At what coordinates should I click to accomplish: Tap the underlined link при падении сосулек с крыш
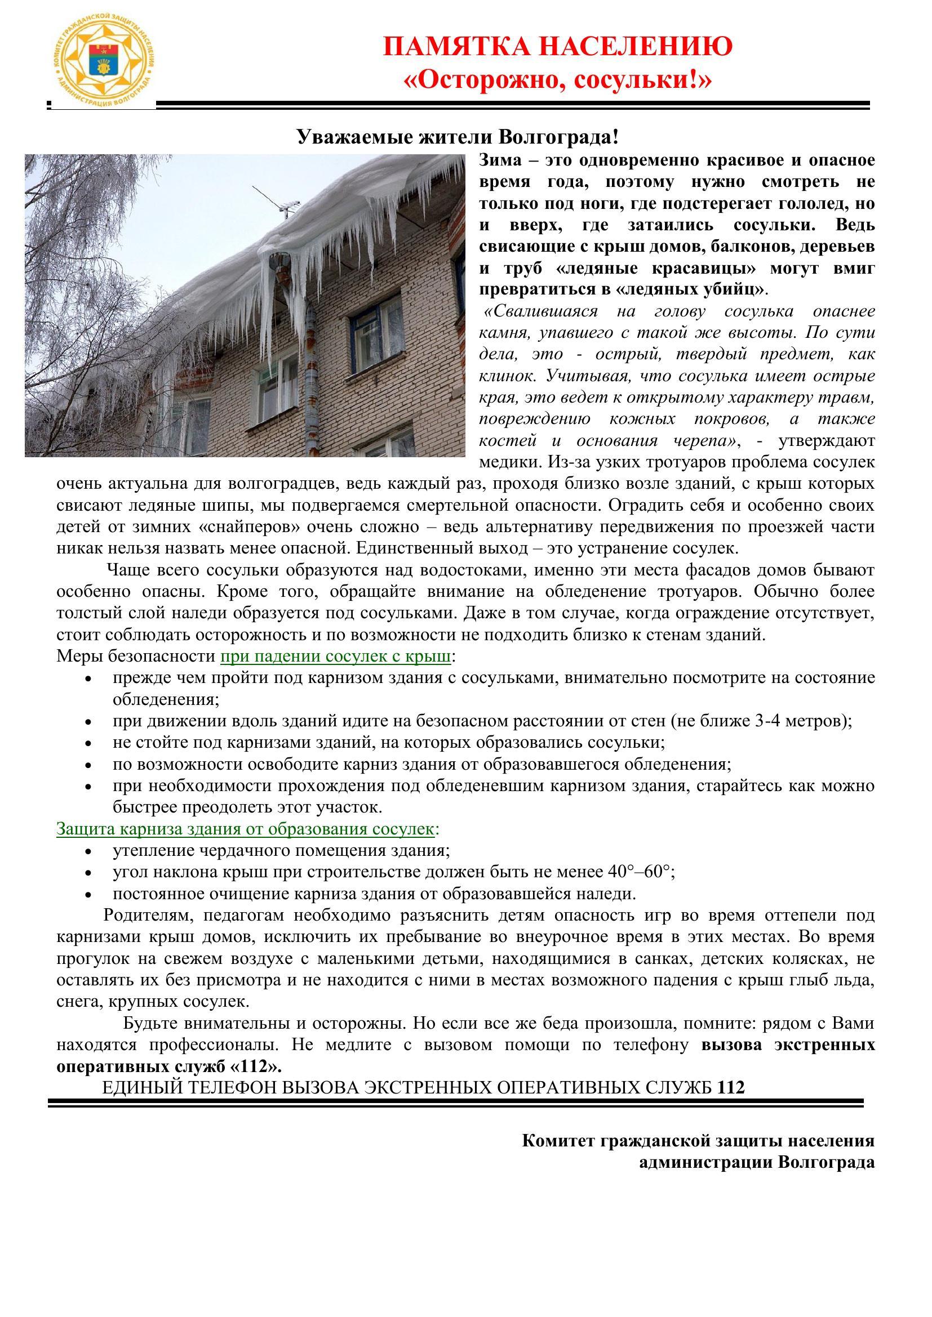tap(336, 657)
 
